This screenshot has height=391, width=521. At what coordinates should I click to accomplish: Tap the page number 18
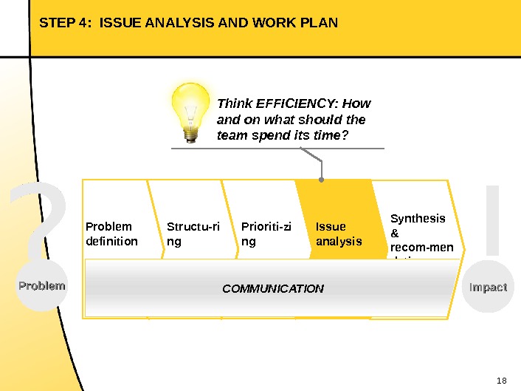point(503,381)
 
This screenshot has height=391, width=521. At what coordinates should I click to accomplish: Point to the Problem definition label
point(111,234)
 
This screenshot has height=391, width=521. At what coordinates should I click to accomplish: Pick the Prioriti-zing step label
point(266,234)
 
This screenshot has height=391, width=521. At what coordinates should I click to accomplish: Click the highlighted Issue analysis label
point(339,234)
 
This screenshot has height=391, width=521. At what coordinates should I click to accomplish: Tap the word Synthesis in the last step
point(418,218)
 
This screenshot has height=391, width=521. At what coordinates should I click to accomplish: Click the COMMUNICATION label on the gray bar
point(273,288)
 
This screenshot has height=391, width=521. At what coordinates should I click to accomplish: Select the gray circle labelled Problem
point(42,286)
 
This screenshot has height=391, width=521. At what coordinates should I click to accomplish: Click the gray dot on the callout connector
point(321,179)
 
